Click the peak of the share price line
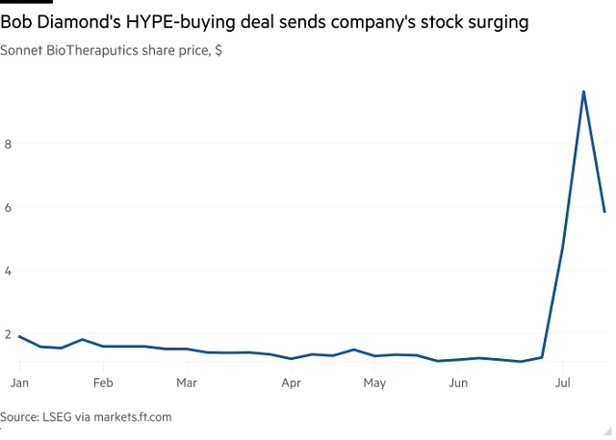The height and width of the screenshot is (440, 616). click(x=583, y=91)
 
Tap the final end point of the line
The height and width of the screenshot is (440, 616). click(x=604, y=212)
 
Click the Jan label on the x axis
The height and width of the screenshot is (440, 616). click(x=19, y=383)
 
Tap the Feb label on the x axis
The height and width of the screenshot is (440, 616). click(x=103, y=383)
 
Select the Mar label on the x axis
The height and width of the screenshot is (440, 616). click(x=187, y=383)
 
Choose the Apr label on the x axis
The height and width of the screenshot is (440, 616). click(x=292, y=383)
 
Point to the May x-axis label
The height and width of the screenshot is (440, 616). click(x=374, y=383)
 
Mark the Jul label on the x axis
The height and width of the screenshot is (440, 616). click(x=562, y=383)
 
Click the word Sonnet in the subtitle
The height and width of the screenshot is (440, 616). click(x=24, y=50)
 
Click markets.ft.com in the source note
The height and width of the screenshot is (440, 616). click(x=129, y=417)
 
